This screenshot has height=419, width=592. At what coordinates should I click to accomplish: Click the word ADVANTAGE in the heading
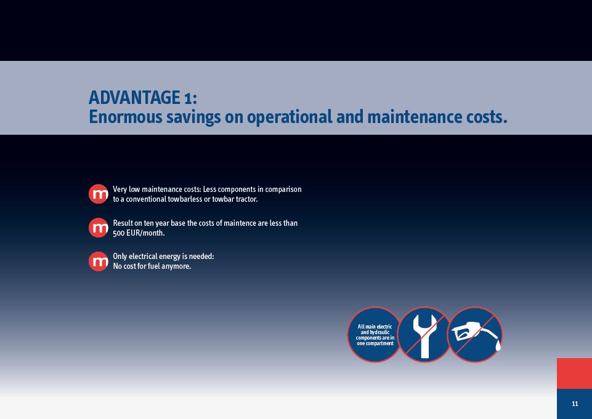pyautogui.click(x=134, y=98)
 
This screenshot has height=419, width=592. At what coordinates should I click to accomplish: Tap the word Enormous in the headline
pyautogui.click(x=125, y=116)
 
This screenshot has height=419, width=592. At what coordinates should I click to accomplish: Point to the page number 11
pyautogui.click(x=575, y=404)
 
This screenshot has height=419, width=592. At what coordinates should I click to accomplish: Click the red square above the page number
pyautogui.click(x=574, y=373)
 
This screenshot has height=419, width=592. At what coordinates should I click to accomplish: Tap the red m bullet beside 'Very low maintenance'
pyautogui.click(x=99, y=194)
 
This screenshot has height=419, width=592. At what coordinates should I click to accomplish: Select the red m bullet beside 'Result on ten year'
pyautogui.click(x=99, y=228)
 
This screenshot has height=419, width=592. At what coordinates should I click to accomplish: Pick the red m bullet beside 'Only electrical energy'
pyautogui.click(x=99, y=261)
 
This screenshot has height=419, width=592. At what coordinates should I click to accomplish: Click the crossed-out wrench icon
pyautogui.click(x=424, y=335)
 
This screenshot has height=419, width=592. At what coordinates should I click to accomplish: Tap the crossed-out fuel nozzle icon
pyautogui.click(x=475, y=335)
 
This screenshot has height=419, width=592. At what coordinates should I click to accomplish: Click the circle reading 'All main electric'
pyautogui.click(x=375, y=335)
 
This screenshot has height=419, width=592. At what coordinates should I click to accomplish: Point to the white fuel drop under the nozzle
pyautogui.click(x=498, y=345)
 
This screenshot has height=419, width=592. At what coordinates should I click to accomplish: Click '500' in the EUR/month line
pyautogui.click(x=118, y=233)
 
